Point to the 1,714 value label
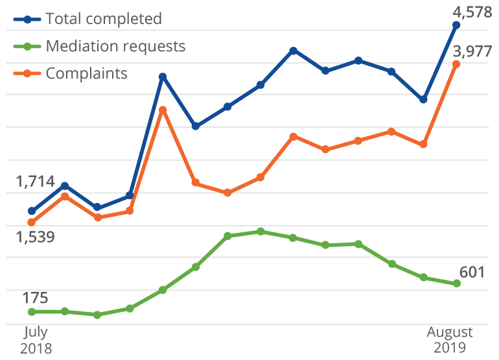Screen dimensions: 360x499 tap(35, 182)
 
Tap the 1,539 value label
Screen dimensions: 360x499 tap(35, 237)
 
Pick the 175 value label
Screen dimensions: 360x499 tap(35, 298)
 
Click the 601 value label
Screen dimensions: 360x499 tap(472, 272)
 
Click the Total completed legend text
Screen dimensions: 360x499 tap(104, 19)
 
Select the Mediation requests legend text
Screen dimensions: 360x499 tap(115, 46)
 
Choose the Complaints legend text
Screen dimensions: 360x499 tap(86, 73)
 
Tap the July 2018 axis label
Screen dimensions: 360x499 tap(36, 340)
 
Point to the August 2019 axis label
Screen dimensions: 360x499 tap(450, 340)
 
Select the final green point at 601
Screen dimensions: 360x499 tap(457, 283)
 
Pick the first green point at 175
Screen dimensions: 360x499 tap(31, 312)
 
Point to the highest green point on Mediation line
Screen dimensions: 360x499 tap(261, 231)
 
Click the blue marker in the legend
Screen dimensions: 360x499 tap(27, 19)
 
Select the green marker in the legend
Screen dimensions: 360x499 tap(27, 46)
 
